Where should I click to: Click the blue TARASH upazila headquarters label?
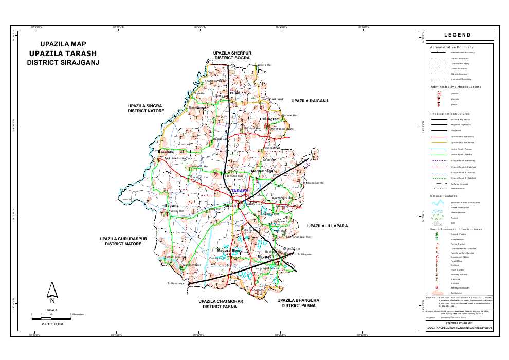(240, 191)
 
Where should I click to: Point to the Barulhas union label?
(167, 152)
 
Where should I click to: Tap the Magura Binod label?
(230, 250)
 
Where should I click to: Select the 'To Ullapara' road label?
(304, 254)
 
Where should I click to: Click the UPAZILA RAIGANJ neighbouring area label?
(310, 101)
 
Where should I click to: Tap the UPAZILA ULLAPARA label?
(328, 226)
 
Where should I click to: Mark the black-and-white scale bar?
(50, 318)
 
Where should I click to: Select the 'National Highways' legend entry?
(460, 119)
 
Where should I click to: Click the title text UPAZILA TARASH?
(63, 53)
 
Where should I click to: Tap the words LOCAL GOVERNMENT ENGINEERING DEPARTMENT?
(460, 328)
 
